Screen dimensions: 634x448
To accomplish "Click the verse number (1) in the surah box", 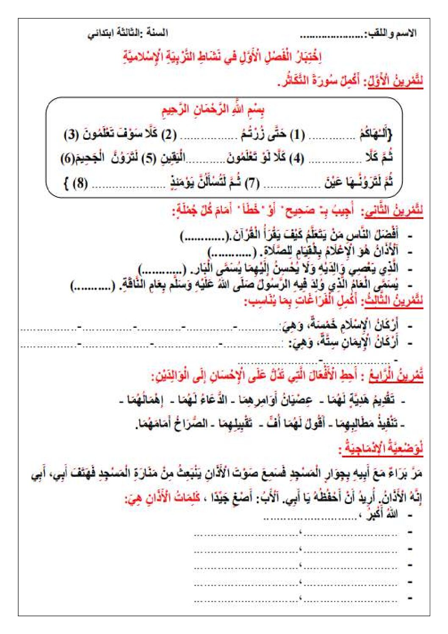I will pyautogui.click(x=297, y=135).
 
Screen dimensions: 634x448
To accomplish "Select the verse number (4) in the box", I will pyautogui.click(x=296, y=158).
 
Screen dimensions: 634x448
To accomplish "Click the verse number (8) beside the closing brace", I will pyautogui.click(x=80, y=184).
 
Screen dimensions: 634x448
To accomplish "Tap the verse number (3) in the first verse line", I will pyautogui.click(x=72, y=135).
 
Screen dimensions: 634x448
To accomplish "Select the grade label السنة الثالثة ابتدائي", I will pyautogui.click(x=127, y=33).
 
